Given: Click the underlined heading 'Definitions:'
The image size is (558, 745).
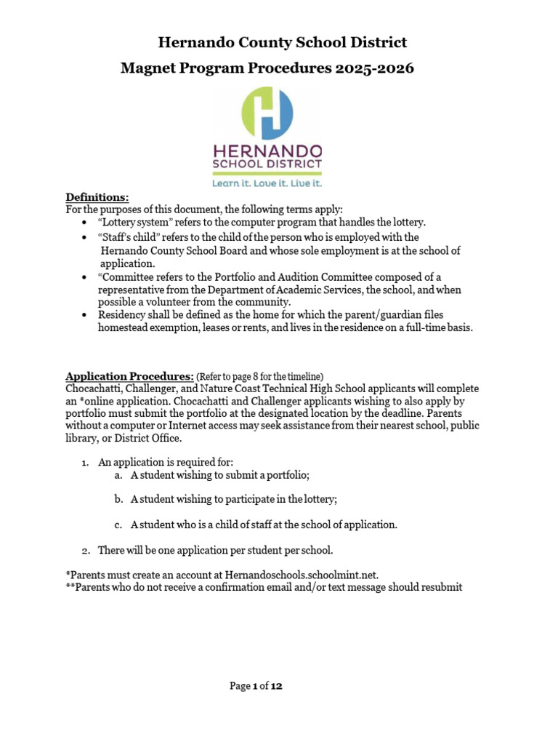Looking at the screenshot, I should click(97, 197).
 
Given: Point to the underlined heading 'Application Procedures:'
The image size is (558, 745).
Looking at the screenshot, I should click(129, 376).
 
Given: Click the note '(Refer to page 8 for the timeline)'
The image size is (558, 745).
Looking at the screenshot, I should click(259, 377).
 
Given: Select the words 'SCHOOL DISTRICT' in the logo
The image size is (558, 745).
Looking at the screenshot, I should click(267, 164).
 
